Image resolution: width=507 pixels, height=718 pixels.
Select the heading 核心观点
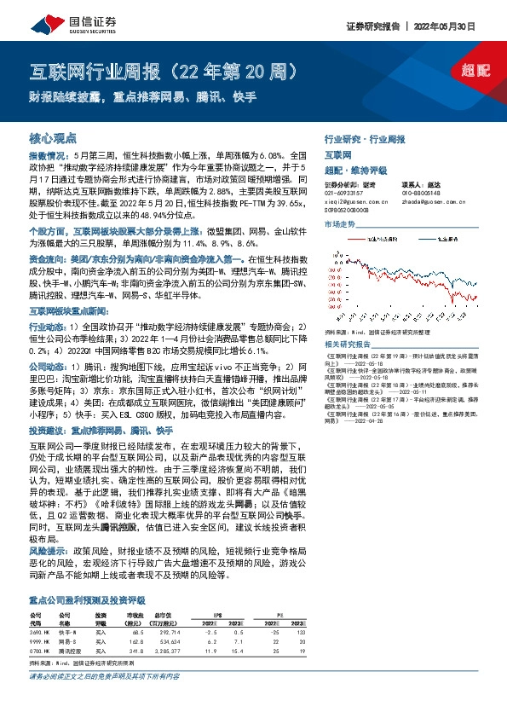(54, 137)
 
